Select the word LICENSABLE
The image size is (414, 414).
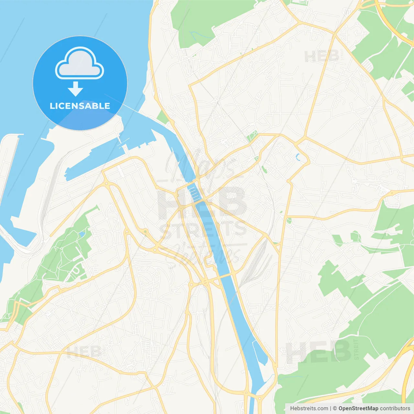pyautogui.click(x=80, y=106)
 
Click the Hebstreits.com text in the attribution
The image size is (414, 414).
pyautogui.click(x=309, y=409)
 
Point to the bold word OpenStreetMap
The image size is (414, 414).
pyautogui.click(x=358, y=409)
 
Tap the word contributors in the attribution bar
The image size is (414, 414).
pyautogui.click(x=395, y=409)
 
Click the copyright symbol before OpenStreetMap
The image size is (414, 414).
pyautogui.click(x=335, y=409)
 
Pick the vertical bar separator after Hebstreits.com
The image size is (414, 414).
pyautogui.click(x=330, y=409)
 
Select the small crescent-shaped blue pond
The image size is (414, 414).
pyautogui.click(x=298, y=158)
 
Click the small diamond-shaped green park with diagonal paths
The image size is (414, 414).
pyautogui.click(x=252, y=136)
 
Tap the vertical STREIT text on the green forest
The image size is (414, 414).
pyautogui.click(x=356, y=349)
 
